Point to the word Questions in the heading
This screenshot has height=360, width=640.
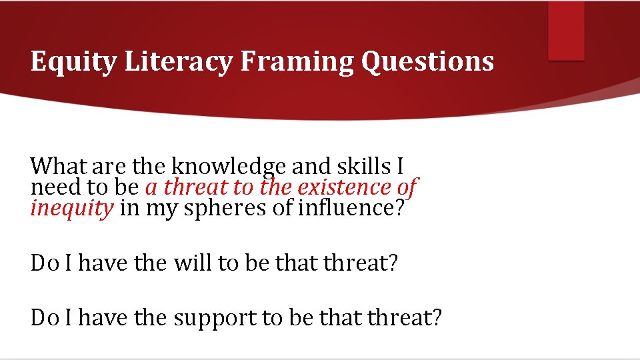[427, 61]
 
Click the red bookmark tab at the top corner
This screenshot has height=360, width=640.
[565, 31]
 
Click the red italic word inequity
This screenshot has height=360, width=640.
[72, 209]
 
